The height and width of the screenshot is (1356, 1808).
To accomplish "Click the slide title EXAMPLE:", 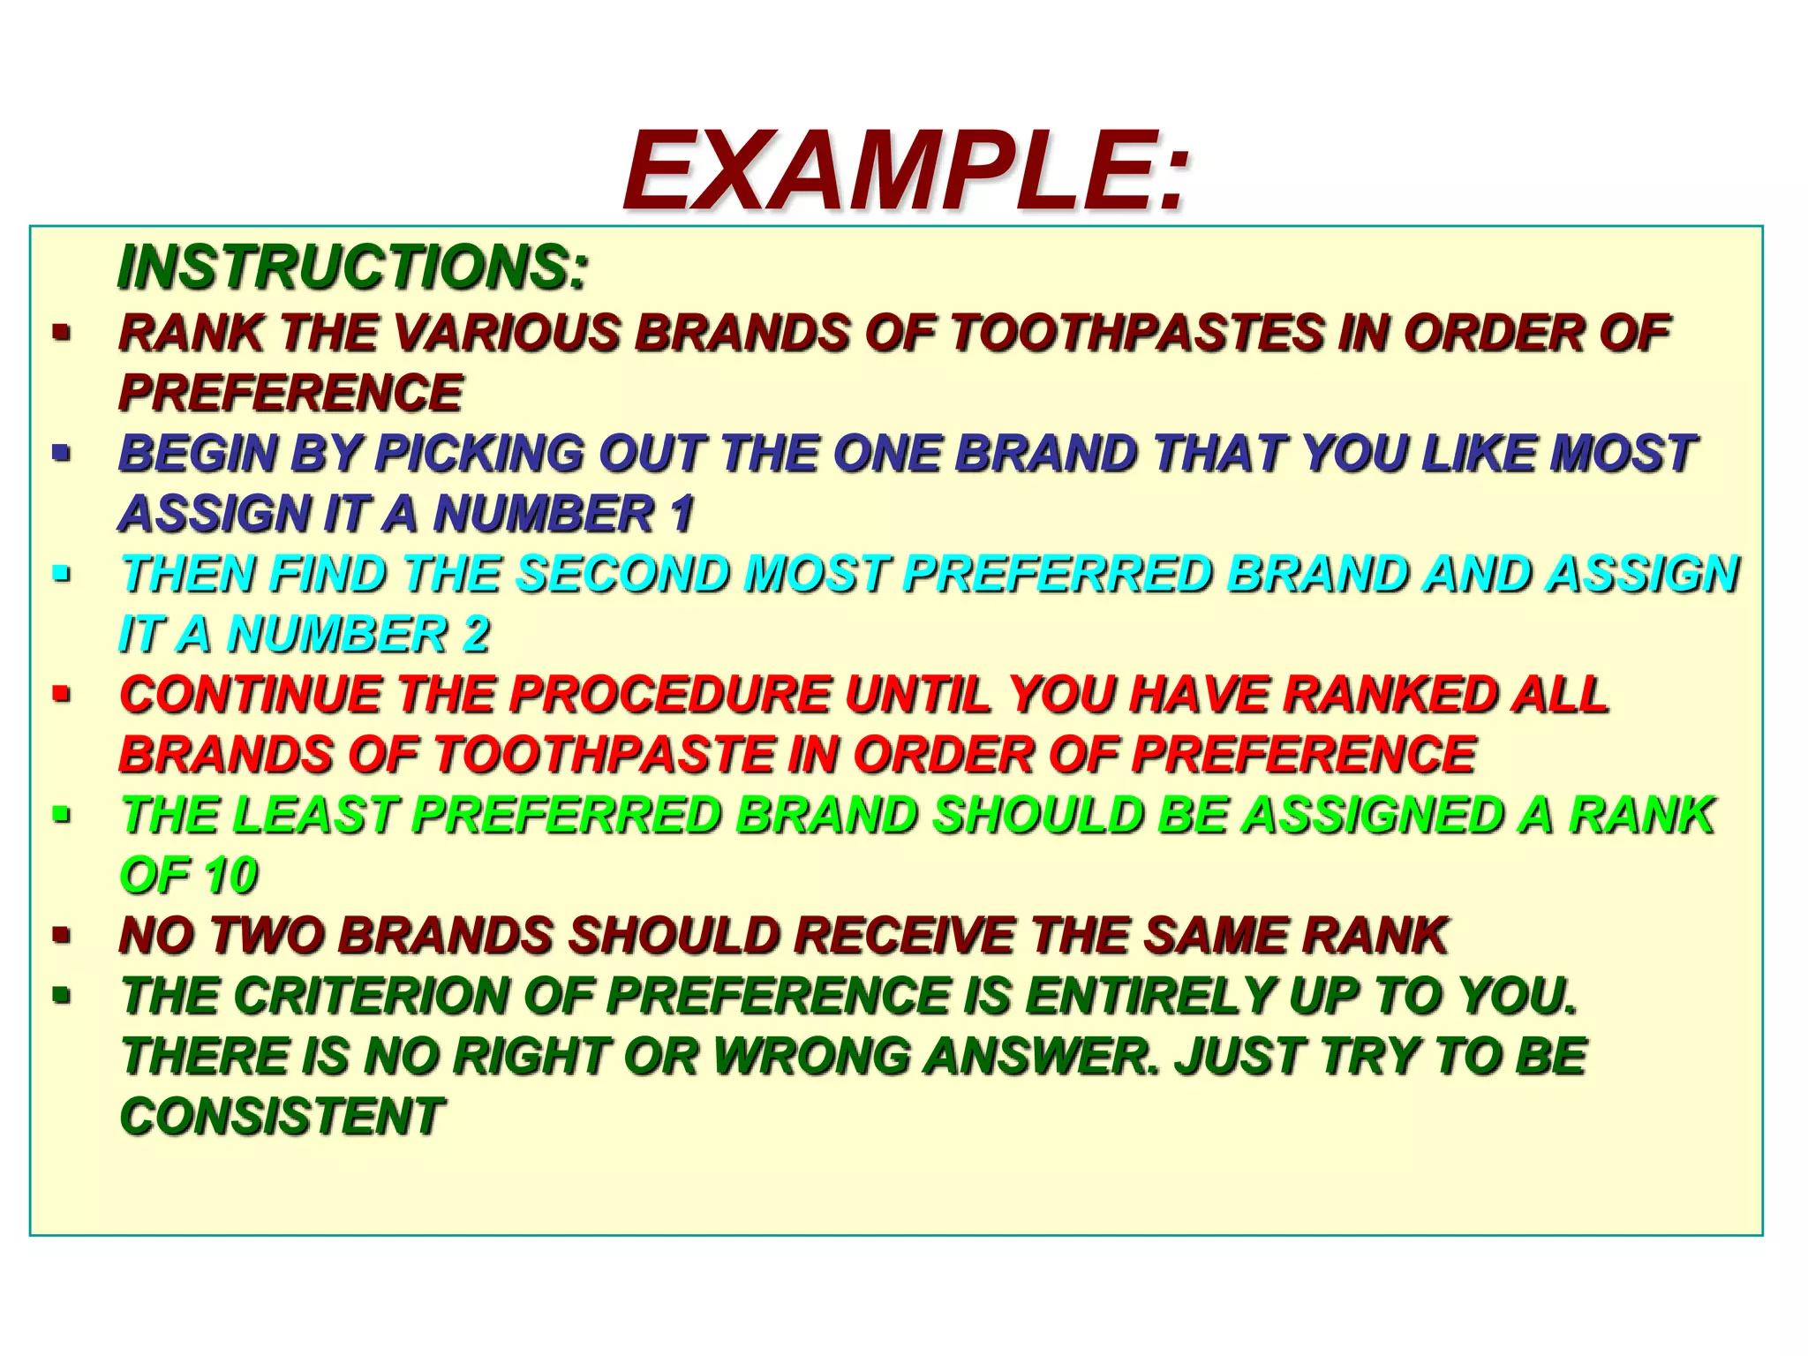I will click(x=906, y=171).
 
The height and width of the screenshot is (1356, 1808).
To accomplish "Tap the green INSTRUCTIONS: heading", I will click(x=352, y=267).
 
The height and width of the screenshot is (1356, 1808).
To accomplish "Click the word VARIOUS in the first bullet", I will click(x=507, y=334).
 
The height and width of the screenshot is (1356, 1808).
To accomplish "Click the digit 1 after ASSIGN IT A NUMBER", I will click(x=682, y=514).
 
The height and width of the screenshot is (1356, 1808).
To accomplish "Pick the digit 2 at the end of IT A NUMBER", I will click(x=477, y=634).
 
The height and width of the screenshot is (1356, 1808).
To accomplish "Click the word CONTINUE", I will click(x=251, y=694).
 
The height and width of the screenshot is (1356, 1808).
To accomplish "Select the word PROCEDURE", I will click(x=671, y=694).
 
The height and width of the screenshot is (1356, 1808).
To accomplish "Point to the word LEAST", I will click(x=314, y=815).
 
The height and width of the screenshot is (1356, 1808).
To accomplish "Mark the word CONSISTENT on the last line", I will click(x=282, y=1116).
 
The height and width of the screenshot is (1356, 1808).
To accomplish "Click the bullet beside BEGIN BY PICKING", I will click(x=61, y=454).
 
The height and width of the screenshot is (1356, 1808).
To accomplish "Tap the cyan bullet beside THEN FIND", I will click(x=61, y=575).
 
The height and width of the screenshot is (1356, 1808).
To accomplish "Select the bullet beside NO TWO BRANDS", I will click(x=61, y=935).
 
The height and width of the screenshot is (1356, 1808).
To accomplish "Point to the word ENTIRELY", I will click(x=1149, y=996).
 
